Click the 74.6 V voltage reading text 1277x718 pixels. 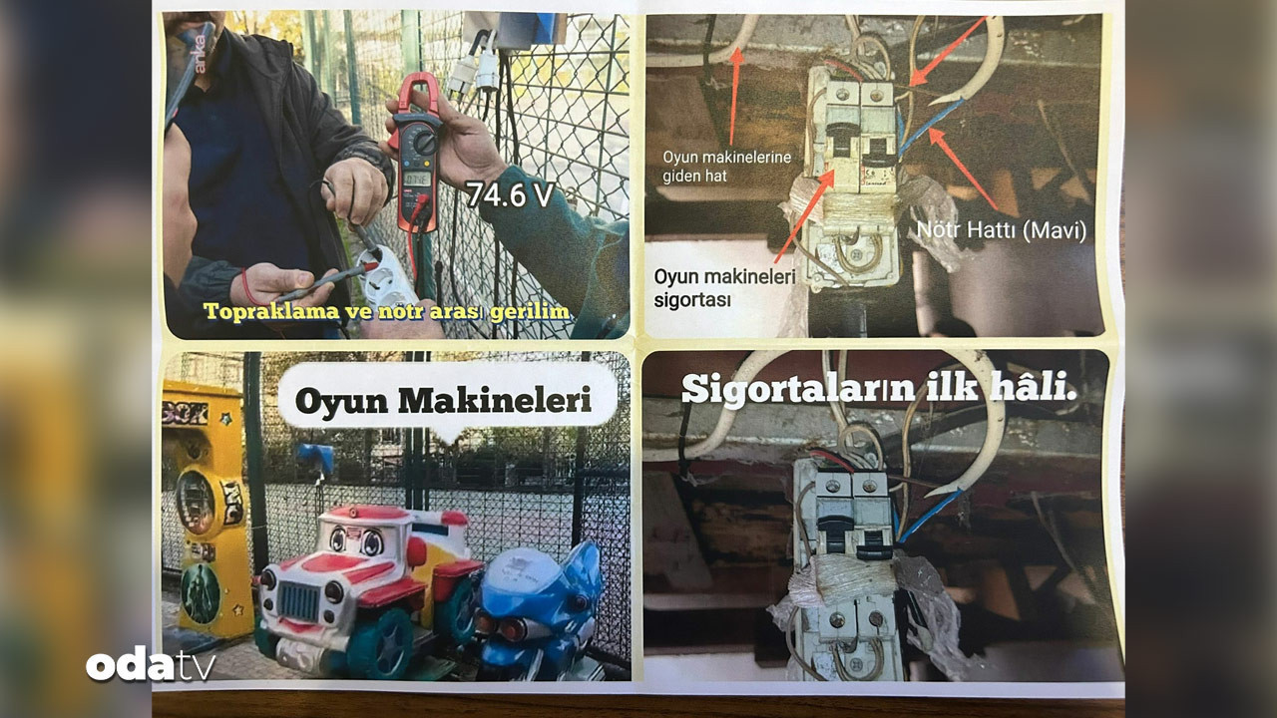(510, 195)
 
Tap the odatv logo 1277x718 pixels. (151, 664)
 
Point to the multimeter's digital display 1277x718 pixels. (416, 180)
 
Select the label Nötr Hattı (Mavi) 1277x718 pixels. (1001, 230)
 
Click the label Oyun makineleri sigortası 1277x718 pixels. (724, 288)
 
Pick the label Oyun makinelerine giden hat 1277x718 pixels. (727, 167)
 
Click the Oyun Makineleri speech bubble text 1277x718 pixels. (444, 401)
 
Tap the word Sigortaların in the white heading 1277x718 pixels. (798, 389)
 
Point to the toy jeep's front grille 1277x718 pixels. (298, 601)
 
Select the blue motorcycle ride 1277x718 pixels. (538, 609)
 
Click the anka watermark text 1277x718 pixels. (200, 54)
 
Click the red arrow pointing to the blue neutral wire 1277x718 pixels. (964, 169)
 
